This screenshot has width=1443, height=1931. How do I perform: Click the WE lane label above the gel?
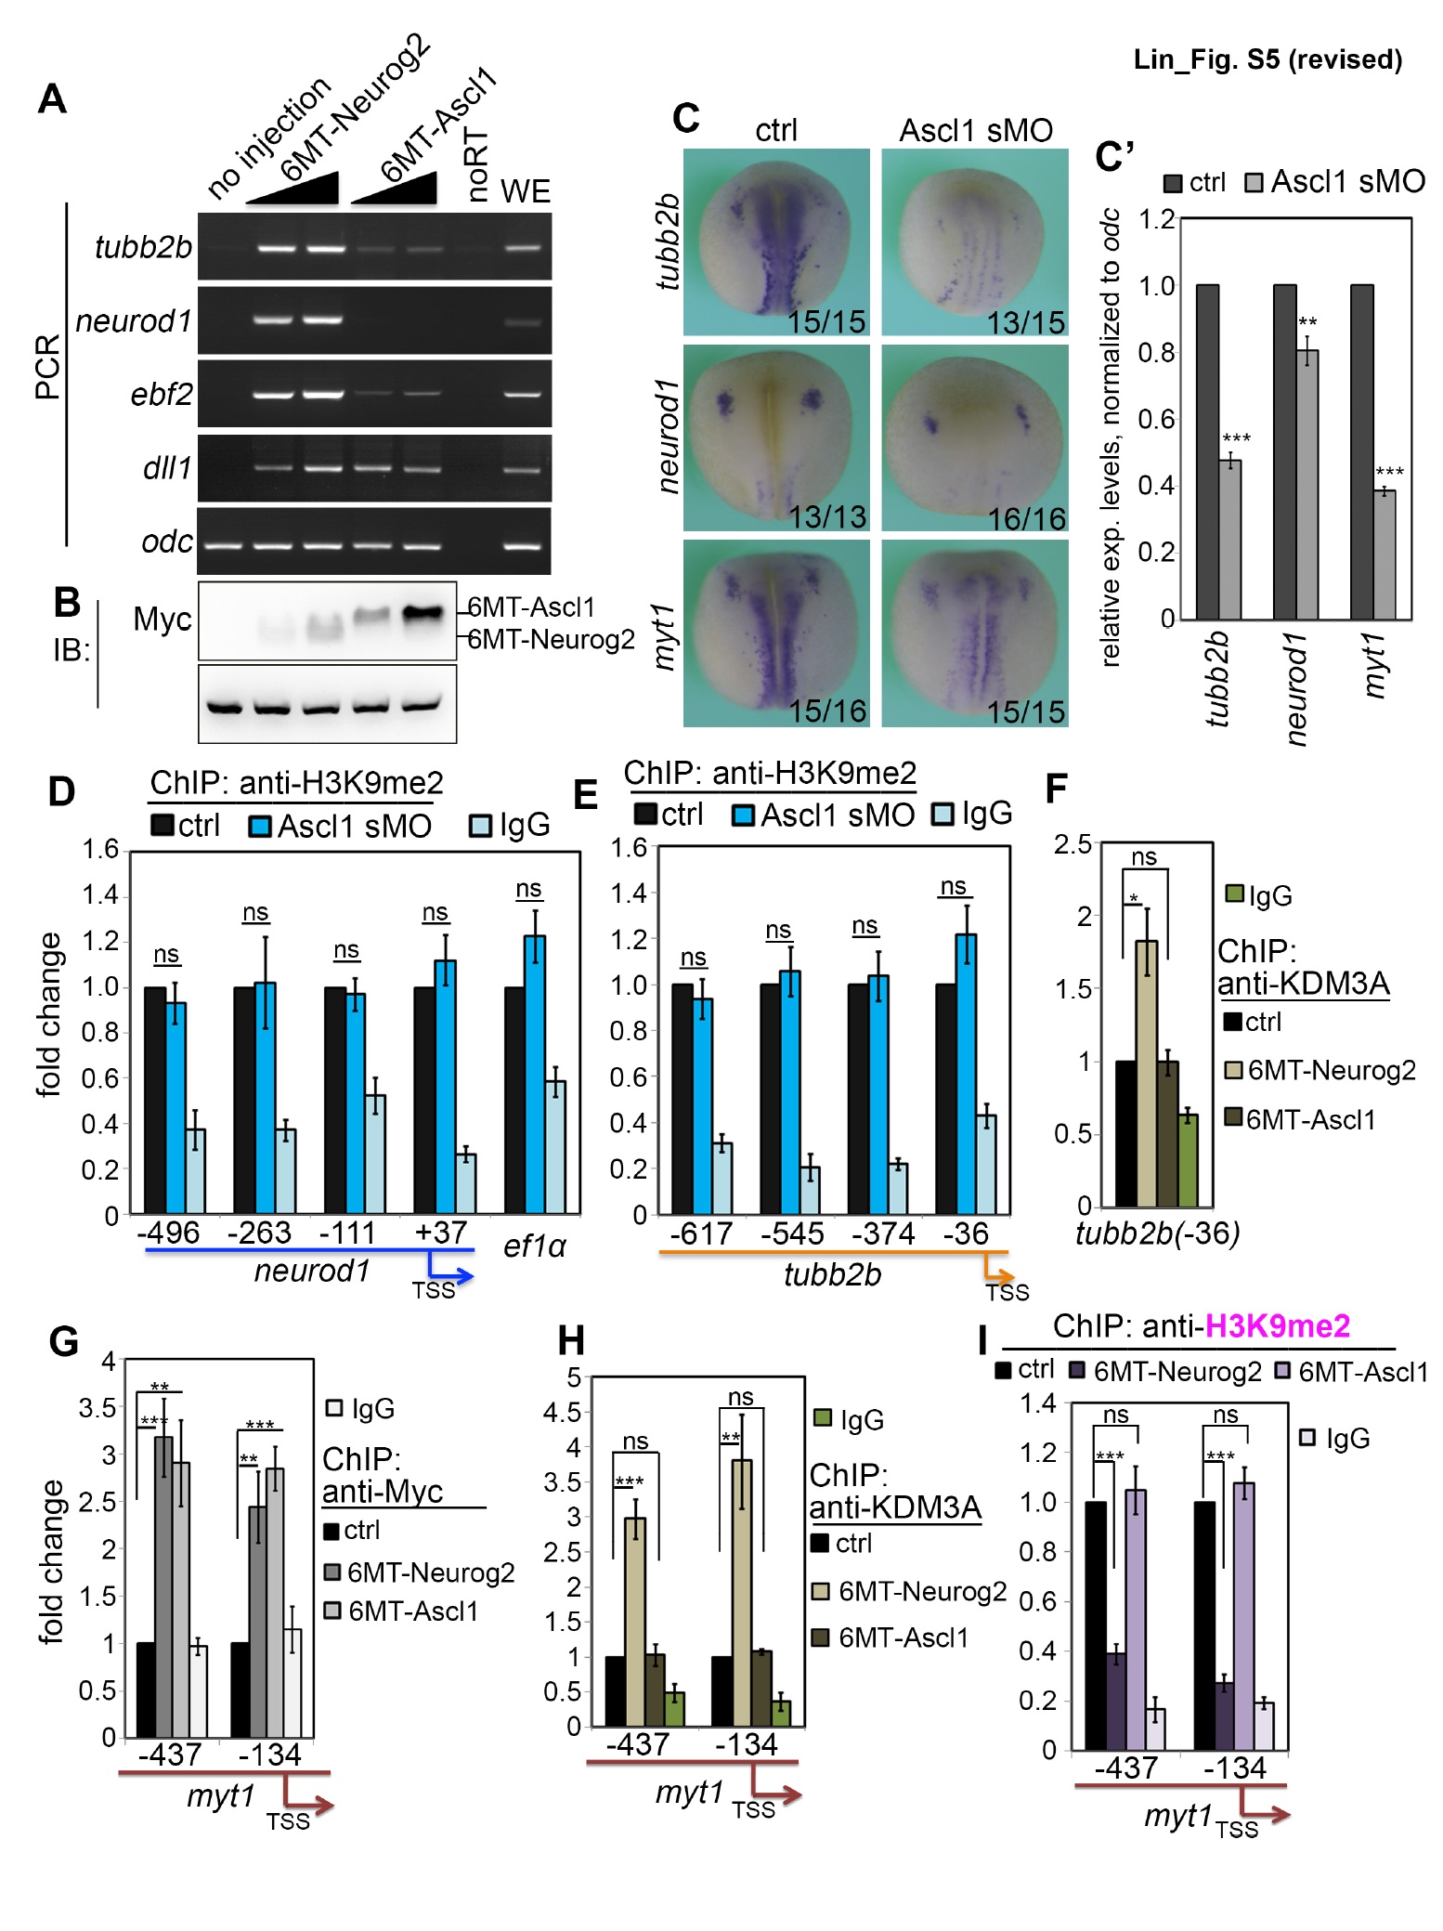[x=526, y=191]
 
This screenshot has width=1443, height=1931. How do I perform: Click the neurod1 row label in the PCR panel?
[x=134, y=321]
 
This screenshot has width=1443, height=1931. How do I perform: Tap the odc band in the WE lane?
[x=523, y=545]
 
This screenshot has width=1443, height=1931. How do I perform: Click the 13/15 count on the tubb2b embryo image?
[x=1025, y=322]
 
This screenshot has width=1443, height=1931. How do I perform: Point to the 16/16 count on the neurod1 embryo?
[x=1026, y=518]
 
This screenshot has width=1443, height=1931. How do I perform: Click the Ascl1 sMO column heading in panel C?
[x=976, y=131]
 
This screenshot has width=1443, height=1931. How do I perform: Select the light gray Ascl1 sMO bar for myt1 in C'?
[x=1384, y=555]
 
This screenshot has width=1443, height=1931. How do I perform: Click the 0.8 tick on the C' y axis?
[x=1157, y=353]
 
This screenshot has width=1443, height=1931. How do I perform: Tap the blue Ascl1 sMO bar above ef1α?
[x=535, y=1073]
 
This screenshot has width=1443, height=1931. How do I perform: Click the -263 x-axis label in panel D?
[x=259, y=1233]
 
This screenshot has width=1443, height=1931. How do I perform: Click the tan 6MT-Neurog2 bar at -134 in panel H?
[x=741, y=1592]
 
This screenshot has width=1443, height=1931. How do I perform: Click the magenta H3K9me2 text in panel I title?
[x=1277, y=1325]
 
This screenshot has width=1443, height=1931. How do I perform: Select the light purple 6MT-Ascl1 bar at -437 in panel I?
[x=1135, y=1620]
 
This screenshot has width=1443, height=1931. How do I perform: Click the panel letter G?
[x=63, y=1342]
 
